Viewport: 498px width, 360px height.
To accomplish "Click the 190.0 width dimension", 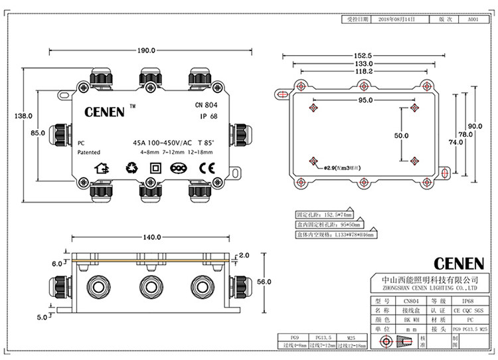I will click(x=146, y=50).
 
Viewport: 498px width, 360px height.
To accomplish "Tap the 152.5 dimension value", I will click(x=361, y=55).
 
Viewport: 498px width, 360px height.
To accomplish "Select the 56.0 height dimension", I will click(x=264, y=282).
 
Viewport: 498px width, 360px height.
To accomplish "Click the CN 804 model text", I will click(x=206, y=104).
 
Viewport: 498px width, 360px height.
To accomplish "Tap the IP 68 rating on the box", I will click(x=209, y=116).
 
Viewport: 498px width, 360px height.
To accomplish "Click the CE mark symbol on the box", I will click(x=207, y=168).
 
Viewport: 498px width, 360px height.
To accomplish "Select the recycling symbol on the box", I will click(x=129, y=168).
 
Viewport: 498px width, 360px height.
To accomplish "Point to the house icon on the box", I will click(x=102, y=168).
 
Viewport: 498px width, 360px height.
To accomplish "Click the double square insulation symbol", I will click(x=155, y=168).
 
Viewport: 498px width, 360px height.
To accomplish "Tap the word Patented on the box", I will click(x=89, y=152).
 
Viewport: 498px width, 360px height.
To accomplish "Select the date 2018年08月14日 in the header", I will click(x=398, y=21).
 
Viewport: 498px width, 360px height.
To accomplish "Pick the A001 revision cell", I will click(x=473, y=21).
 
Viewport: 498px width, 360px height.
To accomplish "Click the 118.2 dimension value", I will click(x=362, y=70).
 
